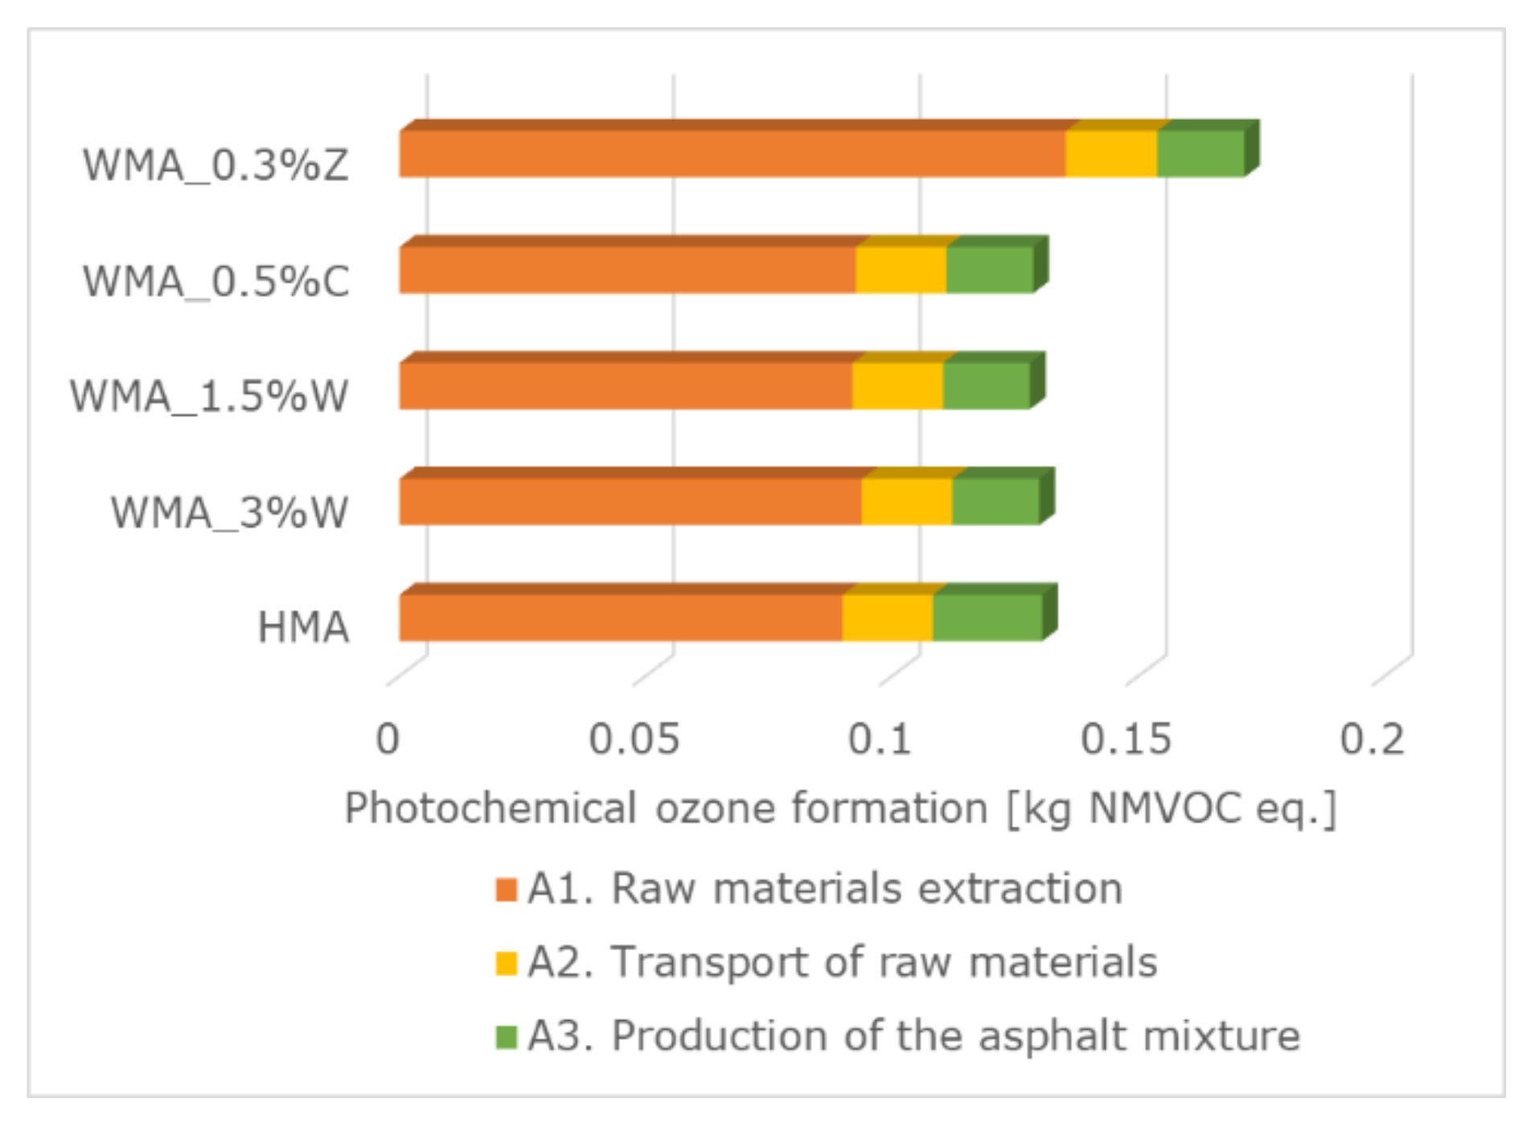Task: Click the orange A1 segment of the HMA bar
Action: (x=619, y=617)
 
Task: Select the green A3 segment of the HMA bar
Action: (x=987, y=617)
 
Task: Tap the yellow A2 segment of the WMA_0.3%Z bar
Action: (x=1110, y=154)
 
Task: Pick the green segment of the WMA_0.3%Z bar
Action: (x=1200, y=154)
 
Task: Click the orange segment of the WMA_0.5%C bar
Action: (x=627, y=269)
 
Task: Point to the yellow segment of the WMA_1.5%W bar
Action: (x=897, y=386)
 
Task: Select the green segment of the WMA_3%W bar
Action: (x=995, y=502)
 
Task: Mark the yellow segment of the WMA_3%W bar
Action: (x=906, y=502)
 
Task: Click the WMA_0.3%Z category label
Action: (x=215, y=166)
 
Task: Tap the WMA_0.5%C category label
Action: (x=215, y=281)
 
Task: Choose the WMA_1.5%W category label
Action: (x=209, y=396)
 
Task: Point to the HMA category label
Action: (x=303, y=628)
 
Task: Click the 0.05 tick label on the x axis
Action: (x=634, y=739)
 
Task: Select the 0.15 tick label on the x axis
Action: (x=1126, y=739)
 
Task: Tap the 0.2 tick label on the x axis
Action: (x=1372, y=739)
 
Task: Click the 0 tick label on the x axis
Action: (x=388, y=739)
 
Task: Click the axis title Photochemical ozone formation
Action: (x=840, y=808)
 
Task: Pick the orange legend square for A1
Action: (x=507, y=890)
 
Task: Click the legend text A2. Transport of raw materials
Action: (x=842, y=962)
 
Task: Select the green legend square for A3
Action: (x=507, y=1037)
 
